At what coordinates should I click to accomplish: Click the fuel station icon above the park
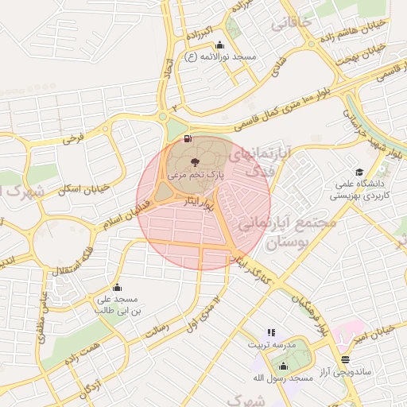click(x=188, y=139)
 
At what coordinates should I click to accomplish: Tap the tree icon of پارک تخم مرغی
click(x=196, y=162)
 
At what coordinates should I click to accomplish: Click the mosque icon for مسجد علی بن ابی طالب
click(x=118, y=287)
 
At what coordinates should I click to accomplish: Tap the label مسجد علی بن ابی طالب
click(x=118, y=305)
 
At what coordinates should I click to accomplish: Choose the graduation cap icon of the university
click(x=359, y=172)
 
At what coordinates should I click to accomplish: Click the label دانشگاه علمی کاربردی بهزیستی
click(x=359, y=189)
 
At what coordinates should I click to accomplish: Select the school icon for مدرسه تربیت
click(x=271, y=332)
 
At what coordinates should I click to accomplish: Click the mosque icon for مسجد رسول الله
click(x=283, y=366)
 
